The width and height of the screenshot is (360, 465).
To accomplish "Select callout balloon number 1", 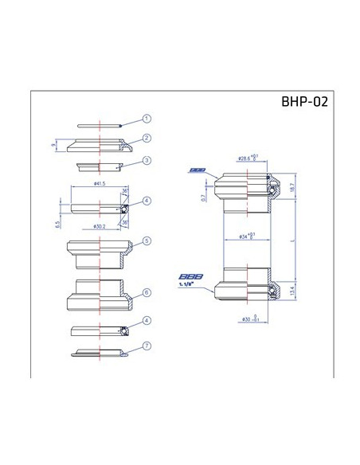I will [147, 119].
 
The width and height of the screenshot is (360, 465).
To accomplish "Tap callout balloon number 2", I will [147, 138].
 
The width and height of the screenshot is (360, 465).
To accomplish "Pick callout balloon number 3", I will [147, 160].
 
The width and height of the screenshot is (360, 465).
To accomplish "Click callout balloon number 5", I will [147, 240].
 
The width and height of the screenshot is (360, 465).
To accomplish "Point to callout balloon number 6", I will [147, 292].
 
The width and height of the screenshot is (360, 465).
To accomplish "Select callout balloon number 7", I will [147, 346].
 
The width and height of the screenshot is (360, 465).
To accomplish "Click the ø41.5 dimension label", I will [100, 184].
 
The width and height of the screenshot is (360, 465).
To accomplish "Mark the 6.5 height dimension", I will [57, 225].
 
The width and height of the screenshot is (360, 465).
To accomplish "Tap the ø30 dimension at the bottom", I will [245, 318].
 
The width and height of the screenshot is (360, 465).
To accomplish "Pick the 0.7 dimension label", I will [203, 197].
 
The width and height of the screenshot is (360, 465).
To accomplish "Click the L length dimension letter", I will [294, 240].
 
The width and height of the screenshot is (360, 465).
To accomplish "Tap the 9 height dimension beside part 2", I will [53, 144].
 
